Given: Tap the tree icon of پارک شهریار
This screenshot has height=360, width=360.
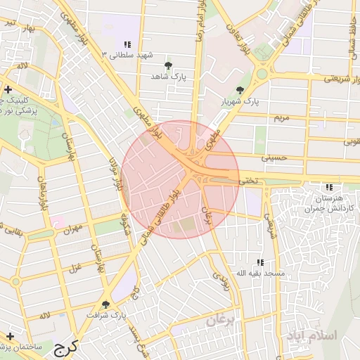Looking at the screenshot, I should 240,90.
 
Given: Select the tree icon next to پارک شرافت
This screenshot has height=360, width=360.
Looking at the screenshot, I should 105,304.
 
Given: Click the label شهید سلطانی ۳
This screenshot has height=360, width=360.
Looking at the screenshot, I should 128,55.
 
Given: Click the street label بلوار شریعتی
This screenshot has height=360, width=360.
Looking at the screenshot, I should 340,79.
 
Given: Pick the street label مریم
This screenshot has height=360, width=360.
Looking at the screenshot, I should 281,117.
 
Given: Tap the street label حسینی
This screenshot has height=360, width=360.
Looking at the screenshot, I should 275,158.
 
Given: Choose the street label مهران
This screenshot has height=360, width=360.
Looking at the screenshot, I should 72,229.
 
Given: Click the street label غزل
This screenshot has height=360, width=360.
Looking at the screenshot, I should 76,266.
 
